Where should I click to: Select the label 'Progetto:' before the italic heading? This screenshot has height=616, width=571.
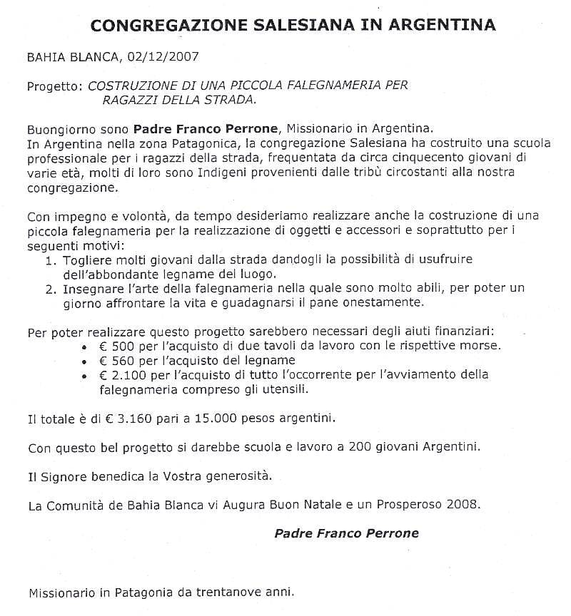pyautogui.click(x=55, y=86)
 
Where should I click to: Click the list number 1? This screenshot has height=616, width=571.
pyautogui.click(x=49, y=260)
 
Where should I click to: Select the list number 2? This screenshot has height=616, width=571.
pyautogui.click(x=49, y=289)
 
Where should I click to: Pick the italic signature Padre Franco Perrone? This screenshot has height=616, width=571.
pyautogui.click(x=346, y=533)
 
